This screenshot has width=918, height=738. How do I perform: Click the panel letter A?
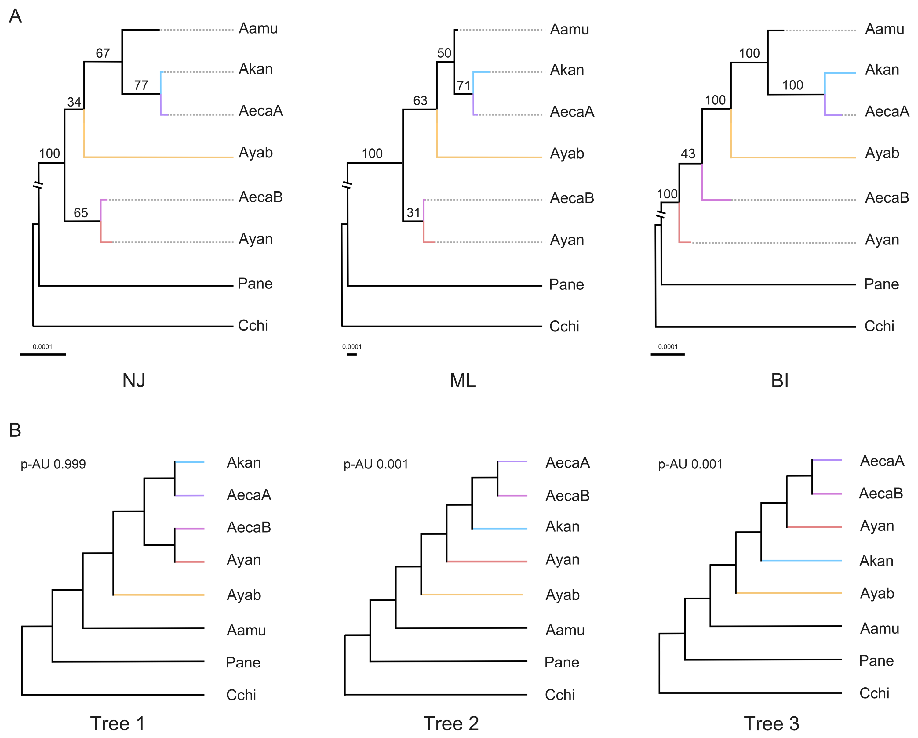[15, 16]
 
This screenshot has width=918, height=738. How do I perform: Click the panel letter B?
[15, 430]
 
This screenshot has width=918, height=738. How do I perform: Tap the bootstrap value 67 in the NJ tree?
[103, 53]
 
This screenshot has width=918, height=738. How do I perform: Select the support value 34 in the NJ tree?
[74, 102]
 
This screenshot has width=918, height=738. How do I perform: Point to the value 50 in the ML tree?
[444, 53]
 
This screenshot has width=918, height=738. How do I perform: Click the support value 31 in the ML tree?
[413, 212]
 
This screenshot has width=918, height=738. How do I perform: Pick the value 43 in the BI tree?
[688, 154]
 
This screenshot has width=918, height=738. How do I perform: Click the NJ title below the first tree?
[134, 380]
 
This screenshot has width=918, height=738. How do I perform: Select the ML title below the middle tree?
[463, 380]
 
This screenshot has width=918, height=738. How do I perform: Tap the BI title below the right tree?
[780, 380]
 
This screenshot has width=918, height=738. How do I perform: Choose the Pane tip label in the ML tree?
[566, 284]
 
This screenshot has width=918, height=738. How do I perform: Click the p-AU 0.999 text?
[53, 464]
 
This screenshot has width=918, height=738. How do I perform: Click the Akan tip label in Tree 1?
[244, 463]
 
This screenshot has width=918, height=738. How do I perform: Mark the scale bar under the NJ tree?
[43, 354]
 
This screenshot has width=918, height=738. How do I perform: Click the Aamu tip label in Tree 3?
[880, 629]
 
